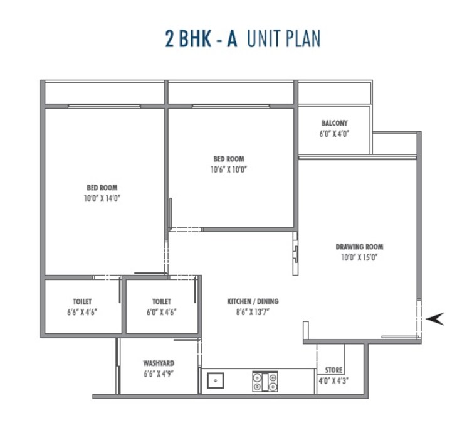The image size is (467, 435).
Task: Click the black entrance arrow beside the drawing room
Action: [x=434, y=319]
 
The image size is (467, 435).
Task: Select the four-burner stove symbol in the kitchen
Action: [x=265, y=381]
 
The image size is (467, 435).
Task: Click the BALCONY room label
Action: [x=334, y=124]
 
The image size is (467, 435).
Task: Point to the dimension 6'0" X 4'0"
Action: [x=334, y=134]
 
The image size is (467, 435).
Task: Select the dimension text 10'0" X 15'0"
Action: [x=359, y=257]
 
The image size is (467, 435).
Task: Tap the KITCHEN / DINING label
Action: [x=253, y=301]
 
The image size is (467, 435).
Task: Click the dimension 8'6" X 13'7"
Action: [x=253, y=311]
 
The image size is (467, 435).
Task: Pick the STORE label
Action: [x=334, y=370]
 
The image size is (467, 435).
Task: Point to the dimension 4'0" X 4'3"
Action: [x=334, y=380]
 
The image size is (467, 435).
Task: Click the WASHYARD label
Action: [x=159, y=363]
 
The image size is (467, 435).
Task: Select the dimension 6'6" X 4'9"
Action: [x=159, y=373]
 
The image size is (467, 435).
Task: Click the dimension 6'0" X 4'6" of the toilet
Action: [x=161, y=311]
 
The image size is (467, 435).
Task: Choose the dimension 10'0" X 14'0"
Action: [x=102, y=198]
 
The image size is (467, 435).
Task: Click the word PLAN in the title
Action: [x=301, y=39]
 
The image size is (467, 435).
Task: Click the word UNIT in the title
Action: [x=263, y=39]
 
